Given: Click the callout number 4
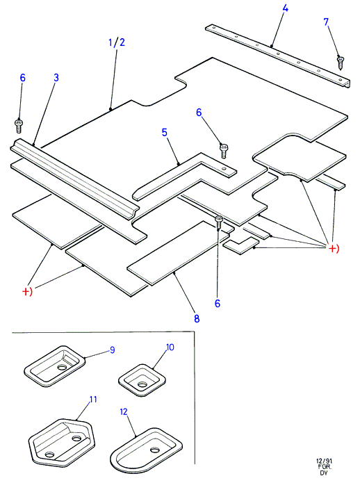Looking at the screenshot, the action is tap(285, 8).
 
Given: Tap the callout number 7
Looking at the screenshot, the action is tap(326, 22).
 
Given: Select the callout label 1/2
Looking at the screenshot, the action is tap(117, 42).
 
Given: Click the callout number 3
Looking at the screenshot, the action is tap(56, 78).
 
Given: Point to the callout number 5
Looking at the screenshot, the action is tap(165, 133).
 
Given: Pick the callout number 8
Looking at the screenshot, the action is tap(197, 318).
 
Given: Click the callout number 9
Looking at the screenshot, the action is tap(113, 350).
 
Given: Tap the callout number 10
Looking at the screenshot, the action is tap(170, 347).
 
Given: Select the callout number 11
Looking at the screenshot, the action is tap(93, 399).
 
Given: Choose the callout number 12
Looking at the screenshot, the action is tap(124, 412).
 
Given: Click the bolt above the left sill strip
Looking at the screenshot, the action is tap(19, 125).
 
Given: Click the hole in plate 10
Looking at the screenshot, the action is tap(142, 384).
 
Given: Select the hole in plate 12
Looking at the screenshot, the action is tap(155, 450).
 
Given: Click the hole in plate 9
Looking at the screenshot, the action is tap(62, 368).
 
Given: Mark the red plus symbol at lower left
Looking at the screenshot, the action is tap(27, 291).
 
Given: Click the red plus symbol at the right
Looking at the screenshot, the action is tap(334, 248).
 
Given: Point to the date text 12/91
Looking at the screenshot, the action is tap(325, 461).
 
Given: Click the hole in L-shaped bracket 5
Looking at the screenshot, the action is tap(224, 168).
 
